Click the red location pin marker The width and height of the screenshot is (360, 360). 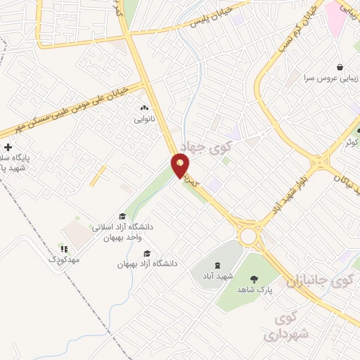(x=181, y=167)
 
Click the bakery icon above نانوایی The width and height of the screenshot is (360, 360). (x=145, y=108)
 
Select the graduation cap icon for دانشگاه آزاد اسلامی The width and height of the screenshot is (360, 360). (x=122, y=216)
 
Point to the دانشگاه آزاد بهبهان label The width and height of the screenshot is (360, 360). (x=148, y=264)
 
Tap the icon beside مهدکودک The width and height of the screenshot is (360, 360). (x=64, y=248)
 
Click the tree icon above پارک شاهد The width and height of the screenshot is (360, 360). (x=254, y=278)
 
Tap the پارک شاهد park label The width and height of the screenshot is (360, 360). (x=254, y=289)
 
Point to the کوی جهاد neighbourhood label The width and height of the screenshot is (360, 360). (x=202, y=147)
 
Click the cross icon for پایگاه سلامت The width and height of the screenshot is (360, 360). (x=8, y=147)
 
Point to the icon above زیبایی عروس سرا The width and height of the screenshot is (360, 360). (x=340, y=66)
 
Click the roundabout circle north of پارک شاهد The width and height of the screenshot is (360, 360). (x=248, y=236)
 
